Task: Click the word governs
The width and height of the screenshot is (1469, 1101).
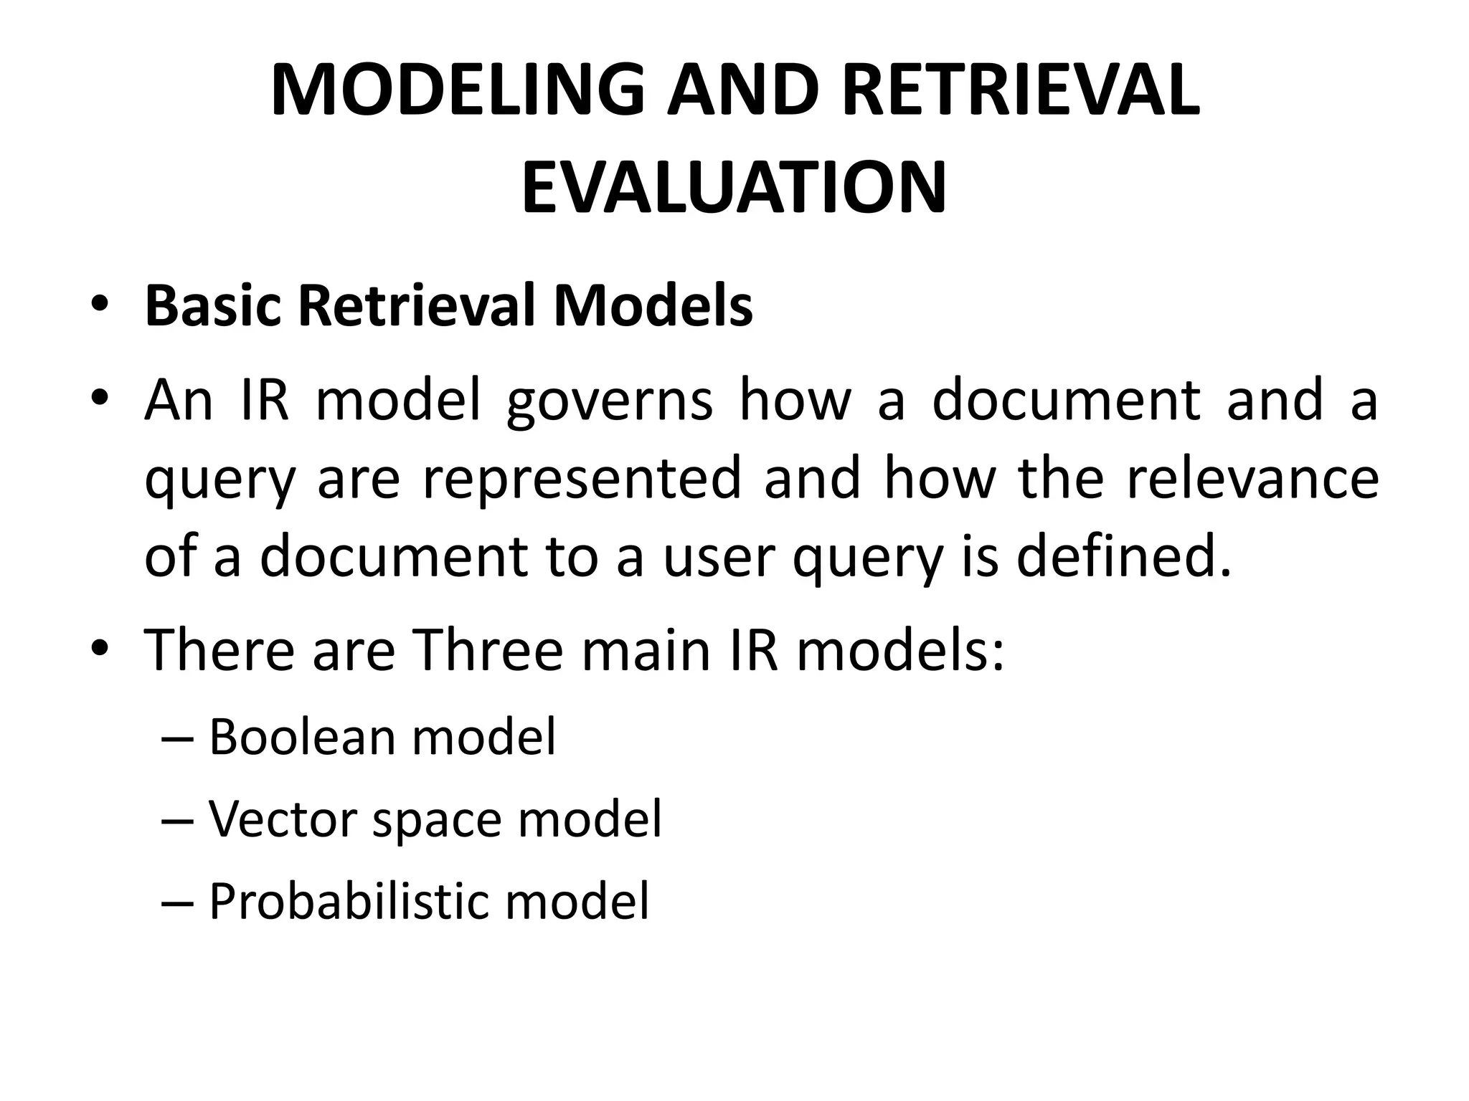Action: (610, 401)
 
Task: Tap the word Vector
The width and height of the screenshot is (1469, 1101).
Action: (283, 819)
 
